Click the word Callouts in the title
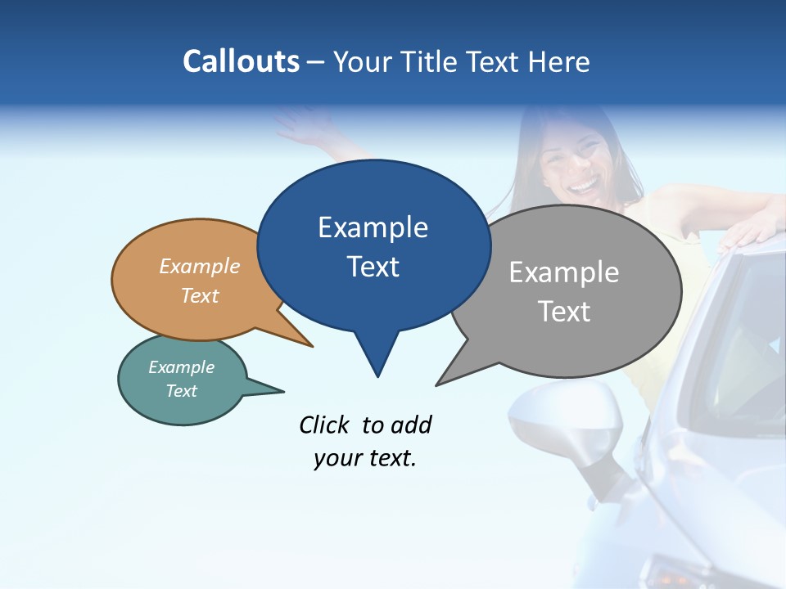tap(241, 61)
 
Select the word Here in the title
tap(559, 61)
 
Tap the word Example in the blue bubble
tap(373, 227)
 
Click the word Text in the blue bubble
tap(373, 267)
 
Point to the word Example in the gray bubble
tap(564, 272)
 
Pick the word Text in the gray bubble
tap(564, 312)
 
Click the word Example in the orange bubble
tap(200, 267)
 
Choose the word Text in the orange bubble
tap(200, 295)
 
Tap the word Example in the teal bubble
tap(182, 367)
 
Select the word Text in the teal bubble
tap(182, 391)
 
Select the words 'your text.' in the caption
tap(365, 459)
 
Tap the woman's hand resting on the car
tap(749, 232)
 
